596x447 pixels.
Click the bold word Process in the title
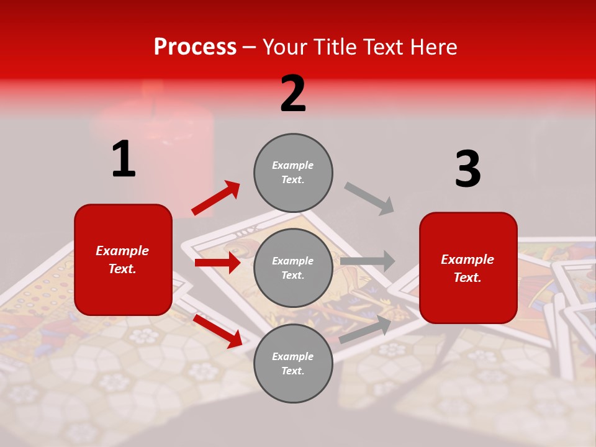[195, 47]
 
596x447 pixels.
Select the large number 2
[293, 94]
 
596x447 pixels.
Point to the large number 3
[467, 169]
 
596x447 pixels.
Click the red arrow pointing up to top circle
[216, 198]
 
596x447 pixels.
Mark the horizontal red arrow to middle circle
[217, 263]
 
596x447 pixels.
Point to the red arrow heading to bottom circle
[217, 331]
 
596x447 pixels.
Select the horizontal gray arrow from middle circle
[368, 261]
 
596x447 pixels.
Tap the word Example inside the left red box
[122, 251]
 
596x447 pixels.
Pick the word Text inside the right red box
[467, 278]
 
